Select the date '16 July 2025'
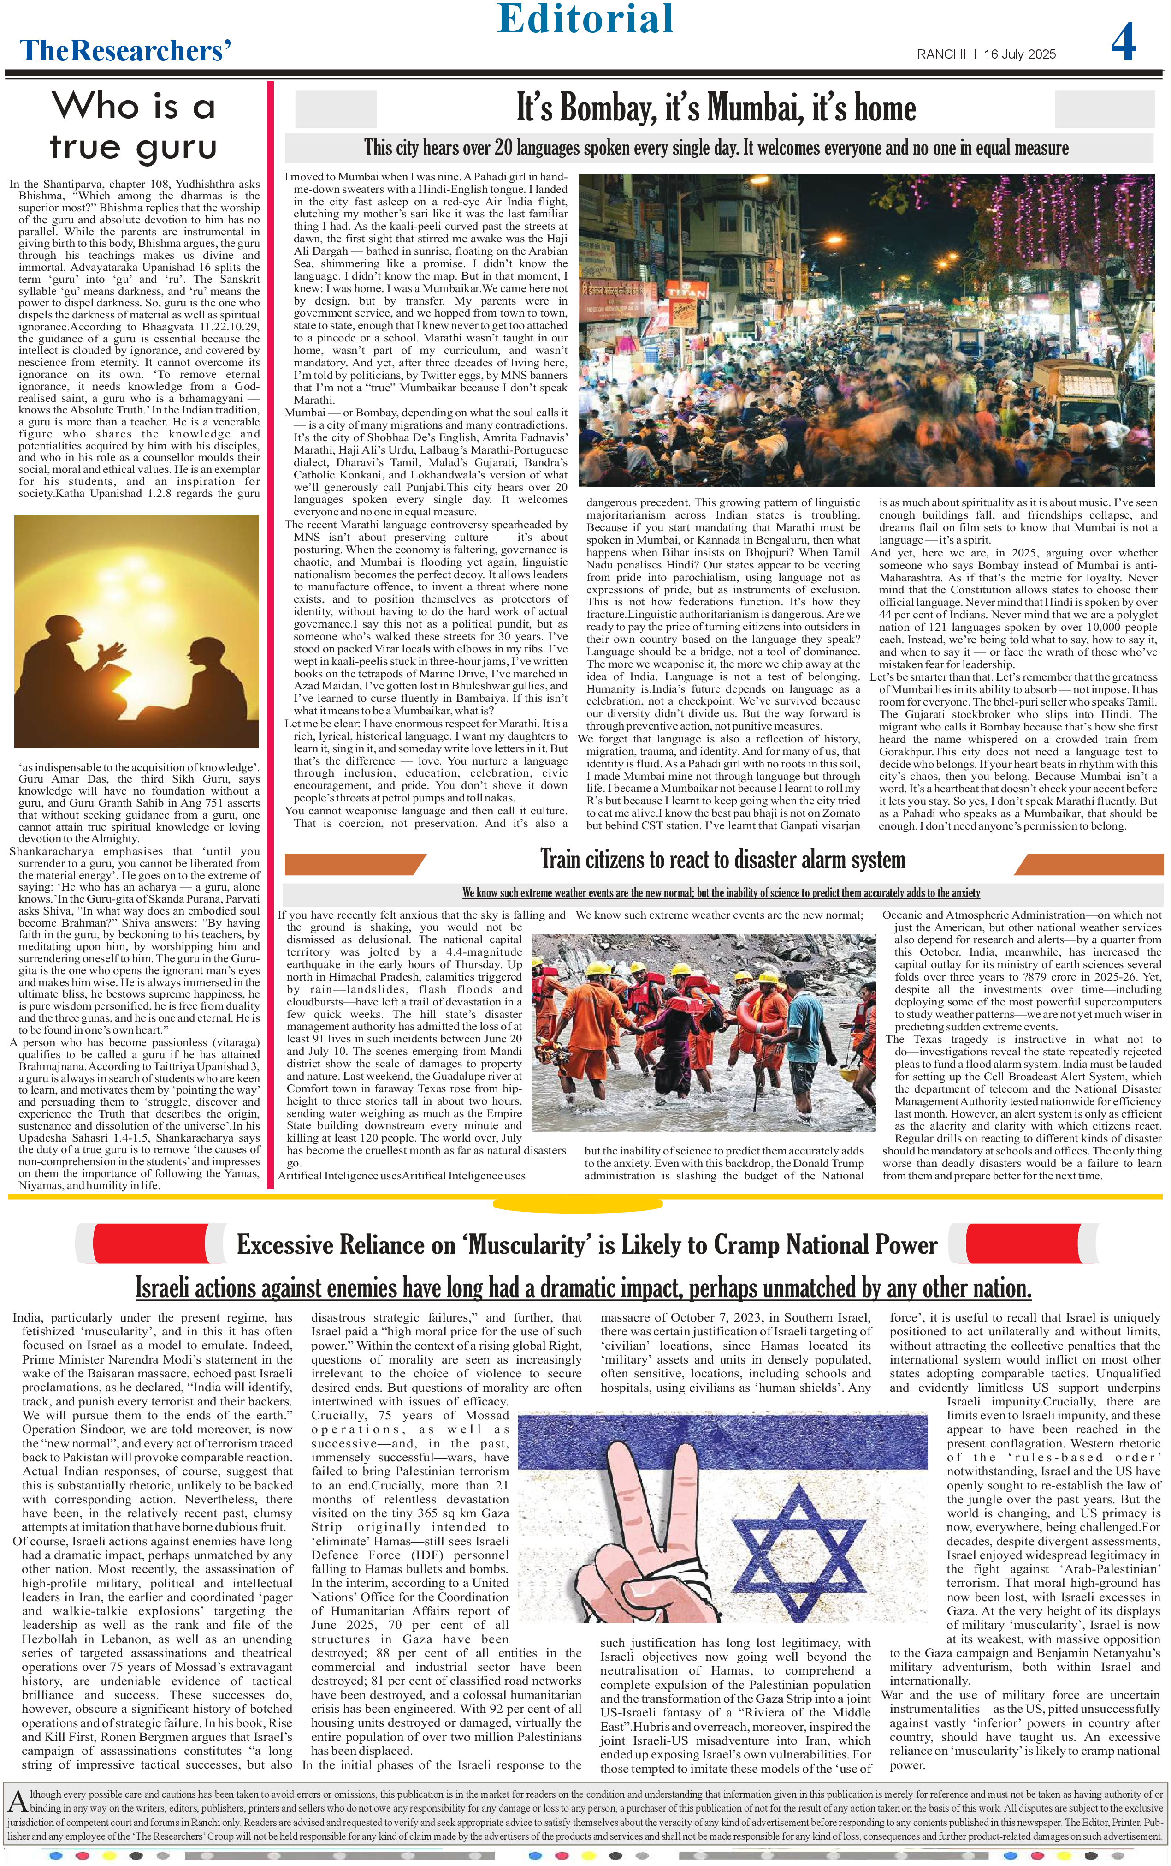1019,54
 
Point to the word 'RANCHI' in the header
941,54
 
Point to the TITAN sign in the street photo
687,293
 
